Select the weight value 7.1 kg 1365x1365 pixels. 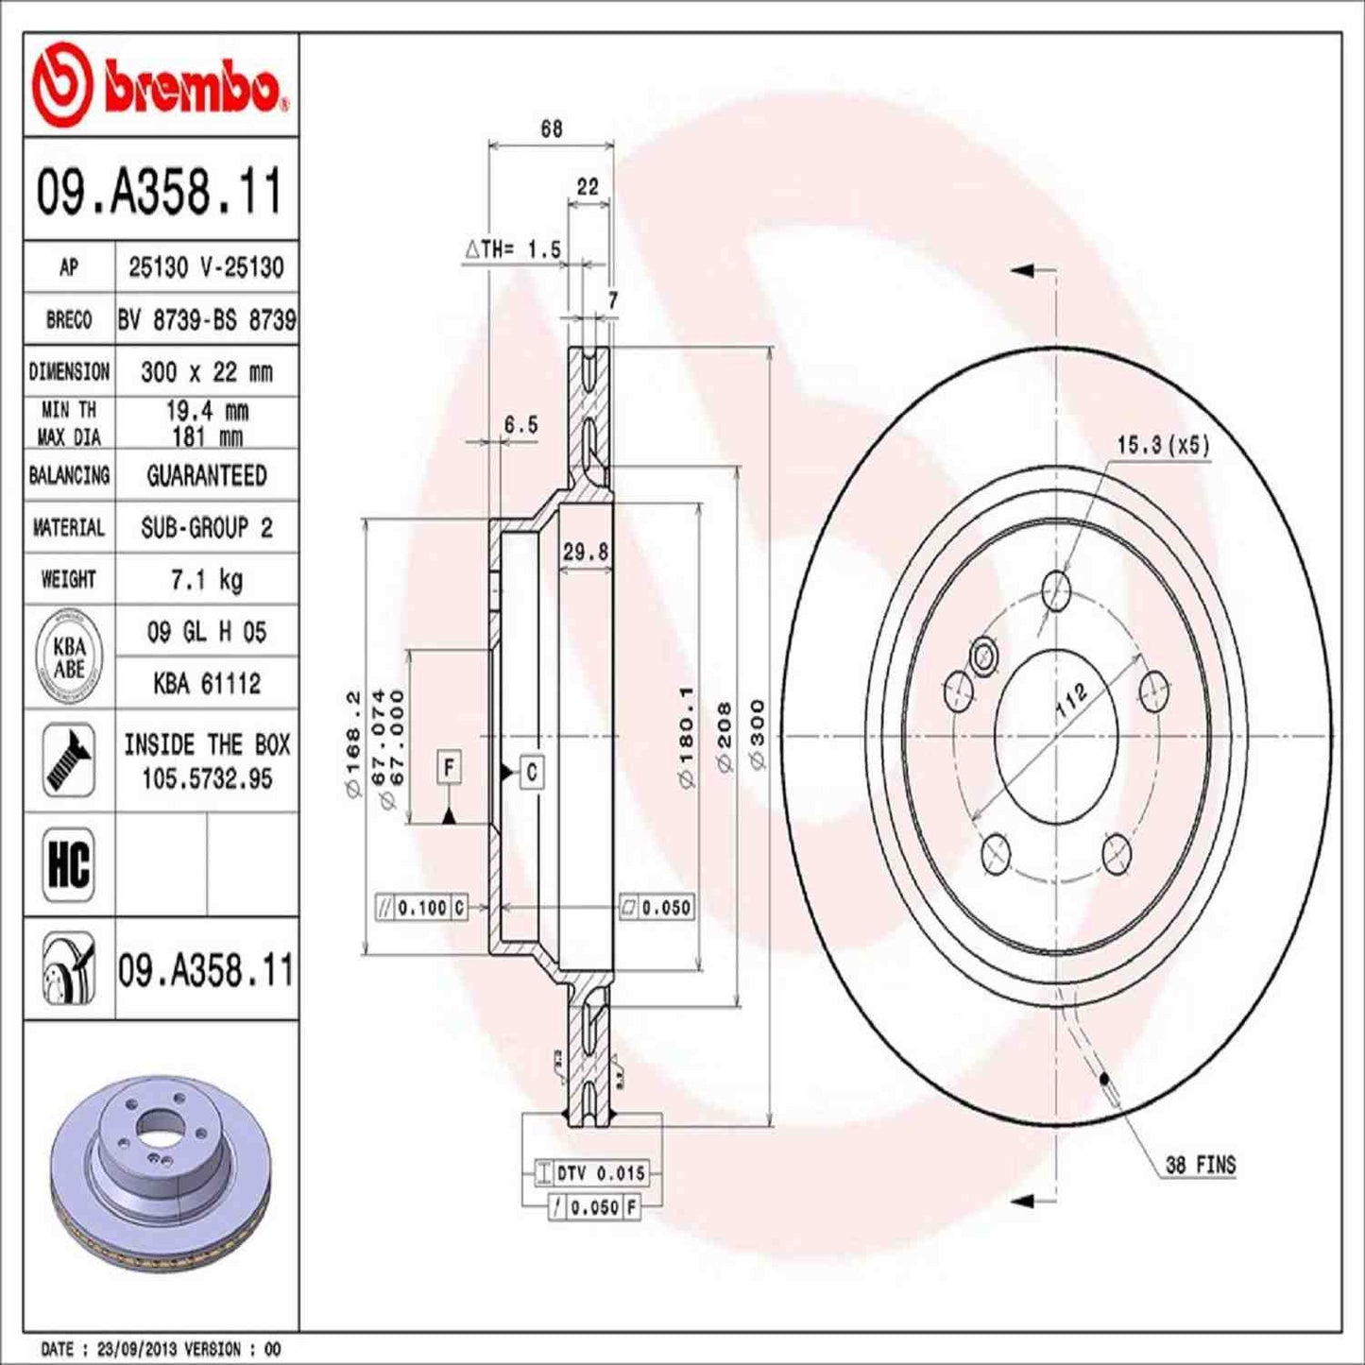coord(206,579)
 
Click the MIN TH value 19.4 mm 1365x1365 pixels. coord(206,410)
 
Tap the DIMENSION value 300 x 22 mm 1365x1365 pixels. coord(206,371)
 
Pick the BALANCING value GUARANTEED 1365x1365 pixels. coord(206,475)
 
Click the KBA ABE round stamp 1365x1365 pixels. coord(69,657)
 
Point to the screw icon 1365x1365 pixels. coord(69,760)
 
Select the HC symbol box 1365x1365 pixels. coord(69,863)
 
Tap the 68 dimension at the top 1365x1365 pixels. coord(552,128)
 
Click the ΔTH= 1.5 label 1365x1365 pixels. coord(514,249)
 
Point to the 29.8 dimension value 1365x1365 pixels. coord(586,553)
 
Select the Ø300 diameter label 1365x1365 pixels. coord(758,734)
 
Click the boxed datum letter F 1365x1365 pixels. coord(450,767)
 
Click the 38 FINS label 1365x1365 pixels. coord(1200,1165)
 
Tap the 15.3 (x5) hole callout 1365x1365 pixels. coord(1162,445)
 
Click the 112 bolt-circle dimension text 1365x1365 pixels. coord(1070,701)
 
